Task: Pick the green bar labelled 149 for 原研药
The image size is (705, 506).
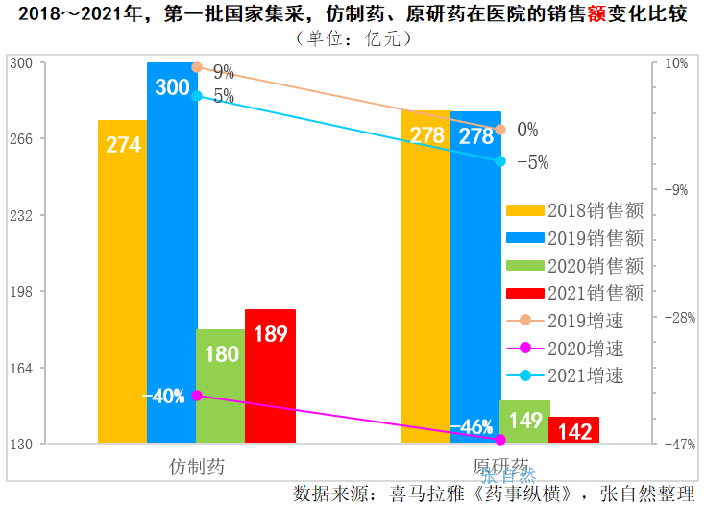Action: [524, 422]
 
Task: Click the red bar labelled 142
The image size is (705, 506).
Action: [573, 430]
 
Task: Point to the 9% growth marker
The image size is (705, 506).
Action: [197, 67]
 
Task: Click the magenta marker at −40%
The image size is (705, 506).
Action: [197, 396]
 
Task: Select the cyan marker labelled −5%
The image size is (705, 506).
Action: [500, 161]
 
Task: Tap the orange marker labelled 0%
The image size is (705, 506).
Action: [500, 130]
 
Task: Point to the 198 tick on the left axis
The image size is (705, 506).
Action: [20, 292]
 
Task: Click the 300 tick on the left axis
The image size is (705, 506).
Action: [20, 63]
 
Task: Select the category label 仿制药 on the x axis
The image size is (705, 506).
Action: [196, 468]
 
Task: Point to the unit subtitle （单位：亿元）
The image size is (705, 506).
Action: [352, 38]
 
